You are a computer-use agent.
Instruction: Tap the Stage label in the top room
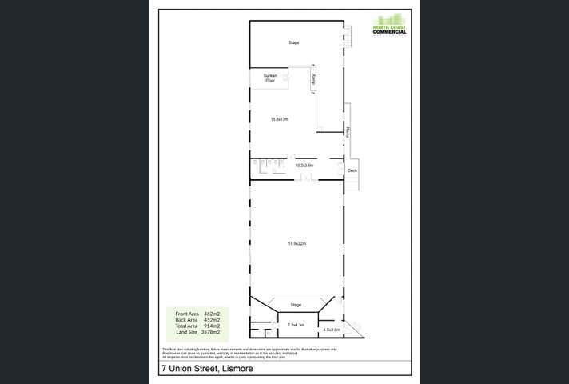[294, 42]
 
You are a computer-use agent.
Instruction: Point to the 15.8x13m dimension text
[279, 119]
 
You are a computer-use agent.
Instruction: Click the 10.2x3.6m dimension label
[304, 166]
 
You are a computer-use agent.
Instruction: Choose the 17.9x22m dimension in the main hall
[297, 243]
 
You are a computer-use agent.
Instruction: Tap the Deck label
[352, 170]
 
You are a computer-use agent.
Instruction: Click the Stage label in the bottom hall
[295, 305]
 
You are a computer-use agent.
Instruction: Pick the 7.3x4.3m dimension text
[297, 326]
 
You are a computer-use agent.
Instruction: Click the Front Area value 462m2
[212, 314]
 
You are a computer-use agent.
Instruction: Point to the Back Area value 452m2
[212, 320]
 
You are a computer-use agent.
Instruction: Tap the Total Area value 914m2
[212, 326]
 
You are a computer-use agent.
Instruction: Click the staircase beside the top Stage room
[348, 36]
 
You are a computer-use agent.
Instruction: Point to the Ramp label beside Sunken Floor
[315, 79]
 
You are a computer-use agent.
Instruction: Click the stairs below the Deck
[350, 184]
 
